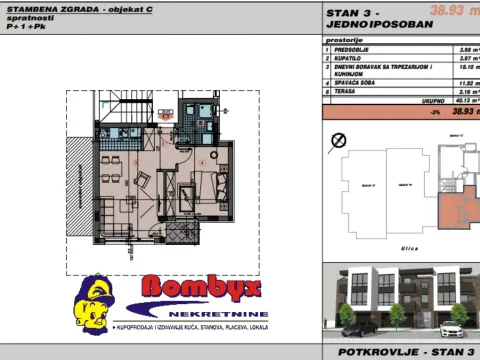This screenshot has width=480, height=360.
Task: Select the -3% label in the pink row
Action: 434,112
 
